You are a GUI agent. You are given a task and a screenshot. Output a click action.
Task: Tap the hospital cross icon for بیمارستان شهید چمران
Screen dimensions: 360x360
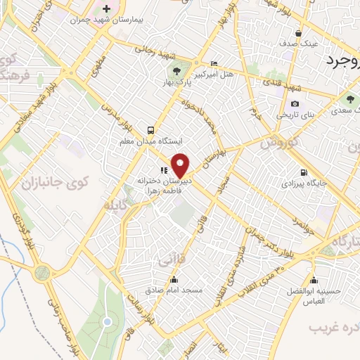[106, 8]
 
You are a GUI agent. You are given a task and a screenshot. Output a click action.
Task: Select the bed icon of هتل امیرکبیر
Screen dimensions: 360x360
[214, 63]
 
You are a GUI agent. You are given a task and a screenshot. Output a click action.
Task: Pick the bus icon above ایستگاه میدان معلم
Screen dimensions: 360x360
[150, 130]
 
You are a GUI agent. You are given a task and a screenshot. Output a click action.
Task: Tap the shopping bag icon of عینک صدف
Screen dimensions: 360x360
[299, 32]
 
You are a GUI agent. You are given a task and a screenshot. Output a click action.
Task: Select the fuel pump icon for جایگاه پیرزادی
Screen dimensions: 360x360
[304, 172]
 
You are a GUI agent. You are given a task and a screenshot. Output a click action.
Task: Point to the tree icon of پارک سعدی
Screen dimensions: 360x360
[349, 99]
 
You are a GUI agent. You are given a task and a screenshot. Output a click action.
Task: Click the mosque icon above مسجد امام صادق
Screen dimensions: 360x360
[174, 279]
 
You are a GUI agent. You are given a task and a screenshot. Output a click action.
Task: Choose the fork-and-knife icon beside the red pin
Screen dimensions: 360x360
[164, 170]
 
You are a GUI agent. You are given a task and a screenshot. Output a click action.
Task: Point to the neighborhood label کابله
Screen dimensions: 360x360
[114, 205]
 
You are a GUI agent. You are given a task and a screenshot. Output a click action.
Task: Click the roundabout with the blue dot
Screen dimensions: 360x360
[107, 322]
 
